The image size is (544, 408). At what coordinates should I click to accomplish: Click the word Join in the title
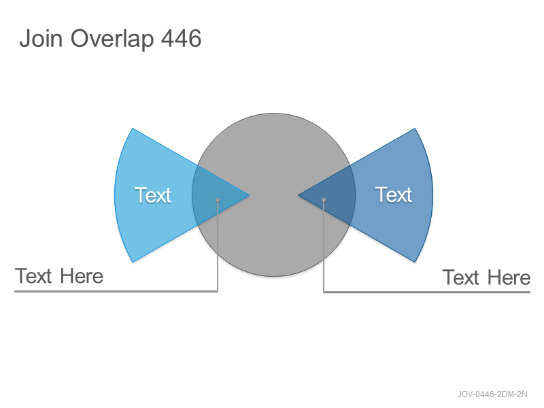[x=41, y=38]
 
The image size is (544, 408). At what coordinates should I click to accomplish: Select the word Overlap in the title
[x=112, y=39]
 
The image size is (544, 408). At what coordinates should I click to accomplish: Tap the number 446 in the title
[x=182, y=38]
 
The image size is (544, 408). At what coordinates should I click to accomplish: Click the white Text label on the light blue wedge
[x=153, y=195]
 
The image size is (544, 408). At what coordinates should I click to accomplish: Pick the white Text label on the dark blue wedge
[x=394, y=194]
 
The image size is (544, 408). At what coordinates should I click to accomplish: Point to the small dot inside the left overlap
[x=218, y=200]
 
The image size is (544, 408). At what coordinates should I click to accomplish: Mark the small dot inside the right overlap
[x=324, y=200]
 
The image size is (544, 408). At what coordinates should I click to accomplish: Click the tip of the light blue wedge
[x=249, y=195]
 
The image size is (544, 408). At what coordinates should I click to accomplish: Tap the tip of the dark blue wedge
[x=299, y=195]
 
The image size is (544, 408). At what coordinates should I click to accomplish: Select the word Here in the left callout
[x=82, y=276]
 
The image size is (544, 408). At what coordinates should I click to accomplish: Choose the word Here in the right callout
[x=509, y=277]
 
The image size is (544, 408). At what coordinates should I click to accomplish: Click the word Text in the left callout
[x=33, y=276]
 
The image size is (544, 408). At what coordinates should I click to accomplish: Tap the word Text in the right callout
[x=461, y=277]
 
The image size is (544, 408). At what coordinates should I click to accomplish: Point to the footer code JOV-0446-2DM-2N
[x=492, y=394]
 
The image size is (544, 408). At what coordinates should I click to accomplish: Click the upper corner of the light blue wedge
[x=133, y=129]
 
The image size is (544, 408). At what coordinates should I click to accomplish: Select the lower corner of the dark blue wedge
[x=415, y=262]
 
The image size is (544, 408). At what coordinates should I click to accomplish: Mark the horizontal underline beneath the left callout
[x=116, y=292]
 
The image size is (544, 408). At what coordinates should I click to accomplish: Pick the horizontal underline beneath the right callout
[x=427, y=292]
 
